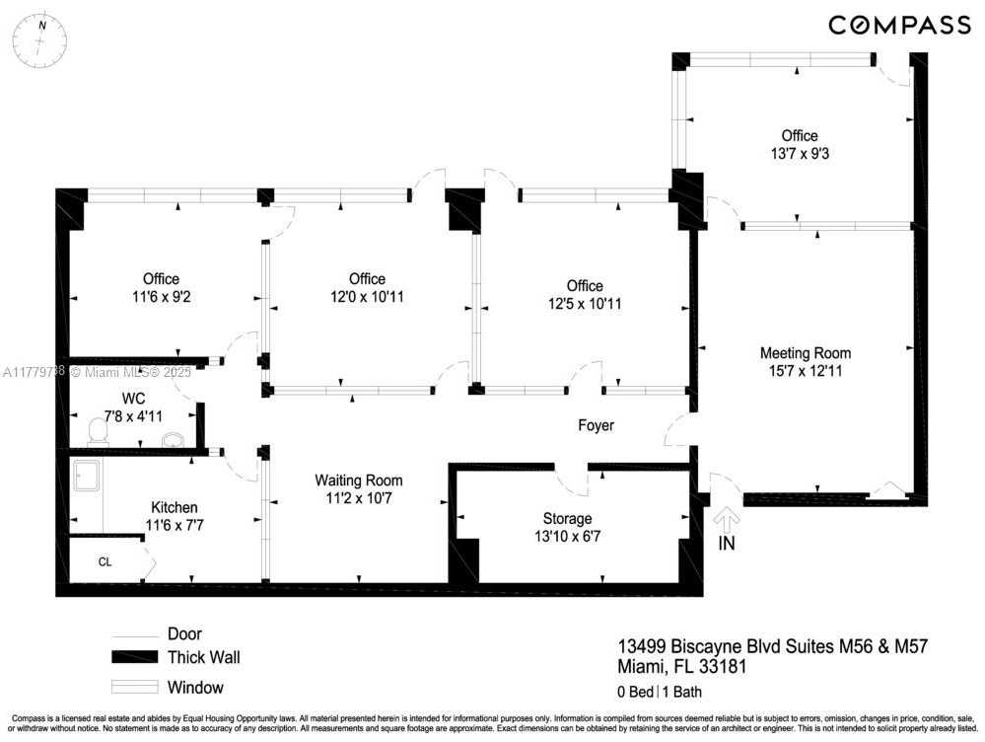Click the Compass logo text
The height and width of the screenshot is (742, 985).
[899, 25]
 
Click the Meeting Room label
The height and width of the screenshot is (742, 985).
[806, 353]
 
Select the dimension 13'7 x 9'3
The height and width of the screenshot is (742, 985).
[800, 153]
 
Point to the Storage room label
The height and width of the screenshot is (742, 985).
[567, 519]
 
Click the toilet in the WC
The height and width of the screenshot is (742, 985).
[98, 432]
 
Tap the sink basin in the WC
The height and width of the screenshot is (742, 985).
[173, 440]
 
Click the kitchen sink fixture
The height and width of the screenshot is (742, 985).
[86, 476]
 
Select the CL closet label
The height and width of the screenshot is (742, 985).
[105, 561]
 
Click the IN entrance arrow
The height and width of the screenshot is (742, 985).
[727, 518]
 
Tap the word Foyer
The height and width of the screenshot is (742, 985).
[597, 425]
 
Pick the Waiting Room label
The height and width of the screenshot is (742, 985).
[359, 481]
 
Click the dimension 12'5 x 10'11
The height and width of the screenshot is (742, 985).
[585, 304]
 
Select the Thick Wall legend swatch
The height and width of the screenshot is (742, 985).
[134, 657]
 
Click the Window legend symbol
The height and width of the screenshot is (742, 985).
[134, 687]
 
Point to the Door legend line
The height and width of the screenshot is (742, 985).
[134, 636]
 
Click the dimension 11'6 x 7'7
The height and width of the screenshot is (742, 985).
[175, 525]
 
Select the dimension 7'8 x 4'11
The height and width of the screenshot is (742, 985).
[133, 416]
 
